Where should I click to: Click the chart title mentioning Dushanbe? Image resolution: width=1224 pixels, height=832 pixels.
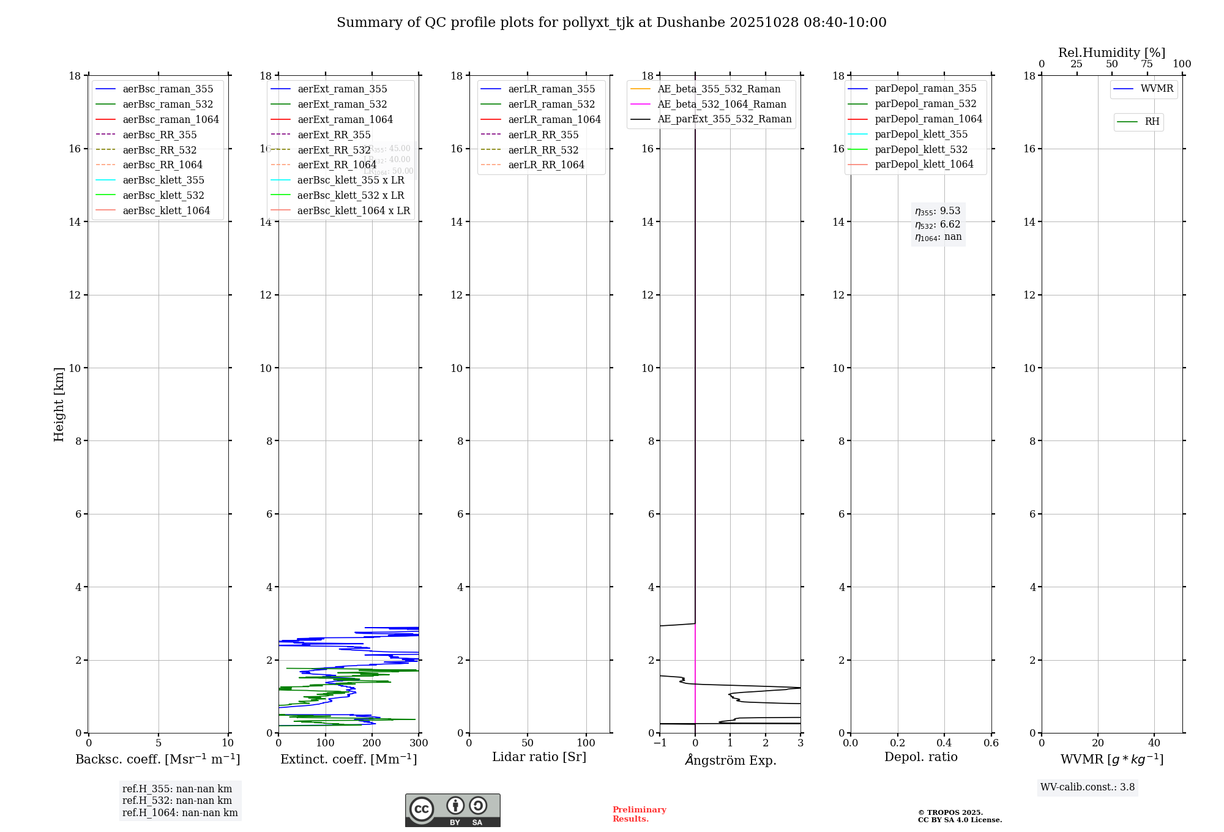tap(611, 23)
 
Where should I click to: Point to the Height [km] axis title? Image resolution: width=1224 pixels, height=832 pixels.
tap(59, 404)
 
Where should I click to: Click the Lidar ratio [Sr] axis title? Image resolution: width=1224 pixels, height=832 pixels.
tap(539, 757)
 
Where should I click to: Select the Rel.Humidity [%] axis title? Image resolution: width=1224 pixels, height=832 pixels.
tap(1111, 53)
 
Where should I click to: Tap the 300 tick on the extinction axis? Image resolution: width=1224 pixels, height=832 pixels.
tap(419, 743)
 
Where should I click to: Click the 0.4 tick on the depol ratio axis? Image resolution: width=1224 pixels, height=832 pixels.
tap(944, 743)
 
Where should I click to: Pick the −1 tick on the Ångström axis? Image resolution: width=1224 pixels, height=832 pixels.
tap(660, 743)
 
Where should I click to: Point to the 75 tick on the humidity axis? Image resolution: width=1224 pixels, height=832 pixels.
tap(1147, 64)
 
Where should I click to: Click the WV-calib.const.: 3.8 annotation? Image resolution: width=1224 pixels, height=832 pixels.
tap(1088, 787)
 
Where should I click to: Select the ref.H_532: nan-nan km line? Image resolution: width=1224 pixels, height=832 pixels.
tap(177, 800)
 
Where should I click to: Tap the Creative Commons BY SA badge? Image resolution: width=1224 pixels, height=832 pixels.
tap(452, 810)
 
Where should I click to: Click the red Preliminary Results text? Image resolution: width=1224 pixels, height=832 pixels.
tap(639, 814)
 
